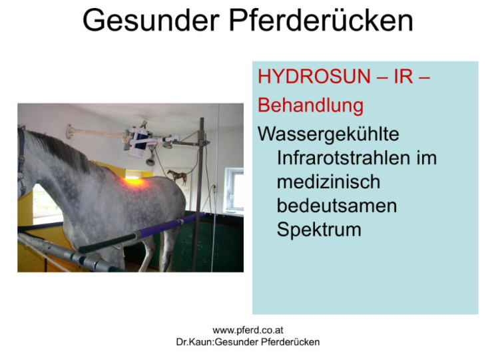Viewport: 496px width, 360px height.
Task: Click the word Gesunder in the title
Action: [151, 20]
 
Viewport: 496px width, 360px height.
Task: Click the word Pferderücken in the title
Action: [321, 20]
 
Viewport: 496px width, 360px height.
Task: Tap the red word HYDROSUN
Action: [314, 77]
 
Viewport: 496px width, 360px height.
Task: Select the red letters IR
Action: [403, 77]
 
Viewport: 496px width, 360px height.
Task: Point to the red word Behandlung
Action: [310, 105]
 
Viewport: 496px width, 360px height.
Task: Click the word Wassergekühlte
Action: [328, 134]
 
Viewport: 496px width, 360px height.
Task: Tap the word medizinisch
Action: [328, 182]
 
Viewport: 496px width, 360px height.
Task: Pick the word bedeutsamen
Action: [337, 206]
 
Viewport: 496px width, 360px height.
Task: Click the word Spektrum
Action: [319, 230]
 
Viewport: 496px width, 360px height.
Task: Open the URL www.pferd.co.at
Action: [248, 330]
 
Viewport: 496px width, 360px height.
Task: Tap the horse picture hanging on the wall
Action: [178, 177]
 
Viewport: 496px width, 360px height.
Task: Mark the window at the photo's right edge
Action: [234, 190]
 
